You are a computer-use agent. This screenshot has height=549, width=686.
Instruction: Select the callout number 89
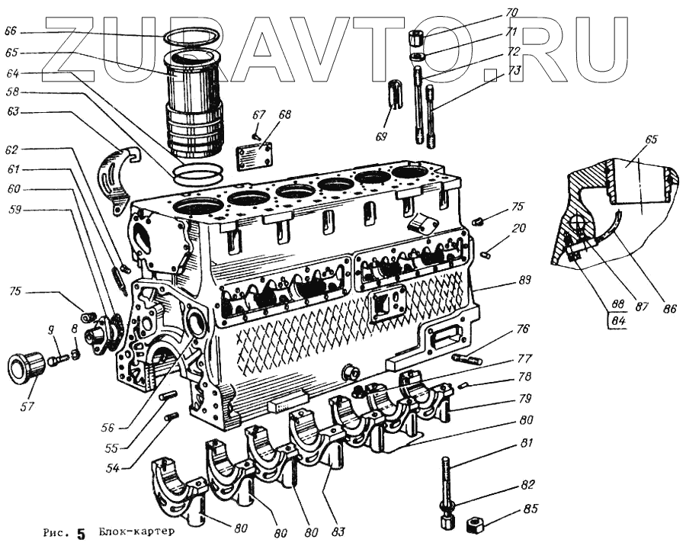(x=524, y=280)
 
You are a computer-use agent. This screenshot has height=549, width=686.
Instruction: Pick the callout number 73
(x=515, y=70)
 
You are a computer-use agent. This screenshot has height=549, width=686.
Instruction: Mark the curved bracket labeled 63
(x=117, y=177)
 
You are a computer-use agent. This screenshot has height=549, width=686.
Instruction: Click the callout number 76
(x=521, y=330)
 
